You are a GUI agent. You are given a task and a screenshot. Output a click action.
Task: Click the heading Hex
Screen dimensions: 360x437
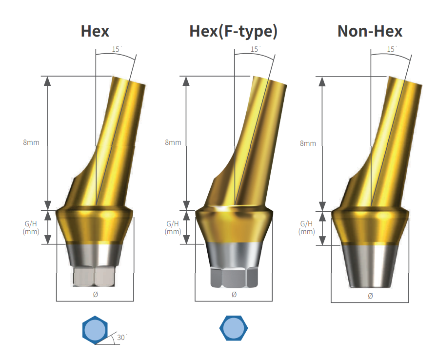pyautogui.click(x=95, y=31)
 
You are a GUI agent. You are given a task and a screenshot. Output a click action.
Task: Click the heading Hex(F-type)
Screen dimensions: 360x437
pyautogui.click(x=234, y=31)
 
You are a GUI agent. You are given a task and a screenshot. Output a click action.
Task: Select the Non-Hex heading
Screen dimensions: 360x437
pyautogui.click(x=370, y=31)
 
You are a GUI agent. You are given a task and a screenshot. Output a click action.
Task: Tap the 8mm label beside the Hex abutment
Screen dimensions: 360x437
pyautogui.click(x=31, y=142)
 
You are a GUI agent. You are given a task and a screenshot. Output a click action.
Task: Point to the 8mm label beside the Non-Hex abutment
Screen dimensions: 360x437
pyautogui.click(x=308, y=143)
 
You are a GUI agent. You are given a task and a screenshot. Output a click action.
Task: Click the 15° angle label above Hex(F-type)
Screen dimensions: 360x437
pyautogui.click(x=255, y=49)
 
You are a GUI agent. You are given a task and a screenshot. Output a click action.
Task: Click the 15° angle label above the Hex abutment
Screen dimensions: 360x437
pyautogui.click(x=117, y=49)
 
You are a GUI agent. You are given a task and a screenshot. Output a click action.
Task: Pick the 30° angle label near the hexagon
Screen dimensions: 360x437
pyautogui.click(x=122, y=337)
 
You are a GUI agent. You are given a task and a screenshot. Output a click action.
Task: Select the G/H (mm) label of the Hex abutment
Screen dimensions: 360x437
pyautogui.click(x=31, y=227)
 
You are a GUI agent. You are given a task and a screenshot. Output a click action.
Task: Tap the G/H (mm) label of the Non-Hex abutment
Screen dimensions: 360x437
pyautogui.click(x=307, y=228)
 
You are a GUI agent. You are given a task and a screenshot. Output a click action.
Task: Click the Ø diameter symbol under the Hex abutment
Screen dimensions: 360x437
pyautogui.click(x=96, y=294)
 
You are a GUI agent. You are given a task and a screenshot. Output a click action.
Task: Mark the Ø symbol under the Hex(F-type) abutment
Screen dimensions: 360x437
pyautogui.click(x=234, y=294)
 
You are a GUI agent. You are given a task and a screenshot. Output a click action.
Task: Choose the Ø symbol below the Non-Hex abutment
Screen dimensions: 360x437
pyautogui.click(x=370, y=296)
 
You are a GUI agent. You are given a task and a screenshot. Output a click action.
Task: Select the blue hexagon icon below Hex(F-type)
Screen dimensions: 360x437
pyautogui.click(x=233, y=327)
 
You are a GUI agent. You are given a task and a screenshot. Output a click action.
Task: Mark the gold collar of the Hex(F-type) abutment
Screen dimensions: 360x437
pyautogui.click(x=234, y=227)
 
